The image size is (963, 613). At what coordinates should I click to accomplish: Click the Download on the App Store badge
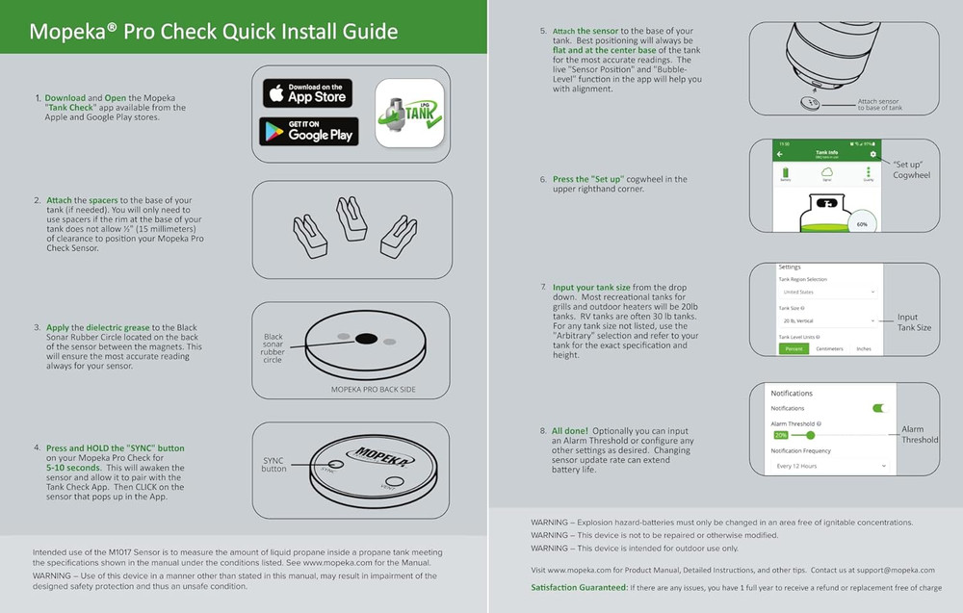click(307, 93)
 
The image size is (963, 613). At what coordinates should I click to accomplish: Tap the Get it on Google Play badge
click(308, 131)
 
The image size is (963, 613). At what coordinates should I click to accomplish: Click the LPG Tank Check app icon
click(408, 113)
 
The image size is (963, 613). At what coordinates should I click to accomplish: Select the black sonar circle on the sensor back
click(365, 339)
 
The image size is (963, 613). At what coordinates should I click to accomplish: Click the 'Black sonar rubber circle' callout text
click(273, 348)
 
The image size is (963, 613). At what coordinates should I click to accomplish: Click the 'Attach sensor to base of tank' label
click(879, 104)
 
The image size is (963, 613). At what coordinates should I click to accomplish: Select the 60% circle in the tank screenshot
click(861, 223)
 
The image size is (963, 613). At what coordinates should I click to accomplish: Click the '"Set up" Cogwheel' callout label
click(910, 169)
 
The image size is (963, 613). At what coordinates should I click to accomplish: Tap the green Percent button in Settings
click(794, 348)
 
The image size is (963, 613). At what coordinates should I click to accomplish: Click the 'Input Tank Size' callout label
click(914, 322)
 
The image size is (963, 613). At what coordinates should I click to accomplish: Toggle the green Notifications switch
click(877, 408)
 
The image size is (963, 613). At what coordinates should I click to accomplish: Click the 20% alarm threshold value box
click(780, 435)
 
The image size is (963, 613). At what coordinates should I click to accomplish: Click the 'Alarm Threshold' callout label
click(919, 434)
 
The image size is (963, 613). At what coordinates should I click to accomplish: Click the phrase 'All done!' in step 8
click(570, 430)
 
